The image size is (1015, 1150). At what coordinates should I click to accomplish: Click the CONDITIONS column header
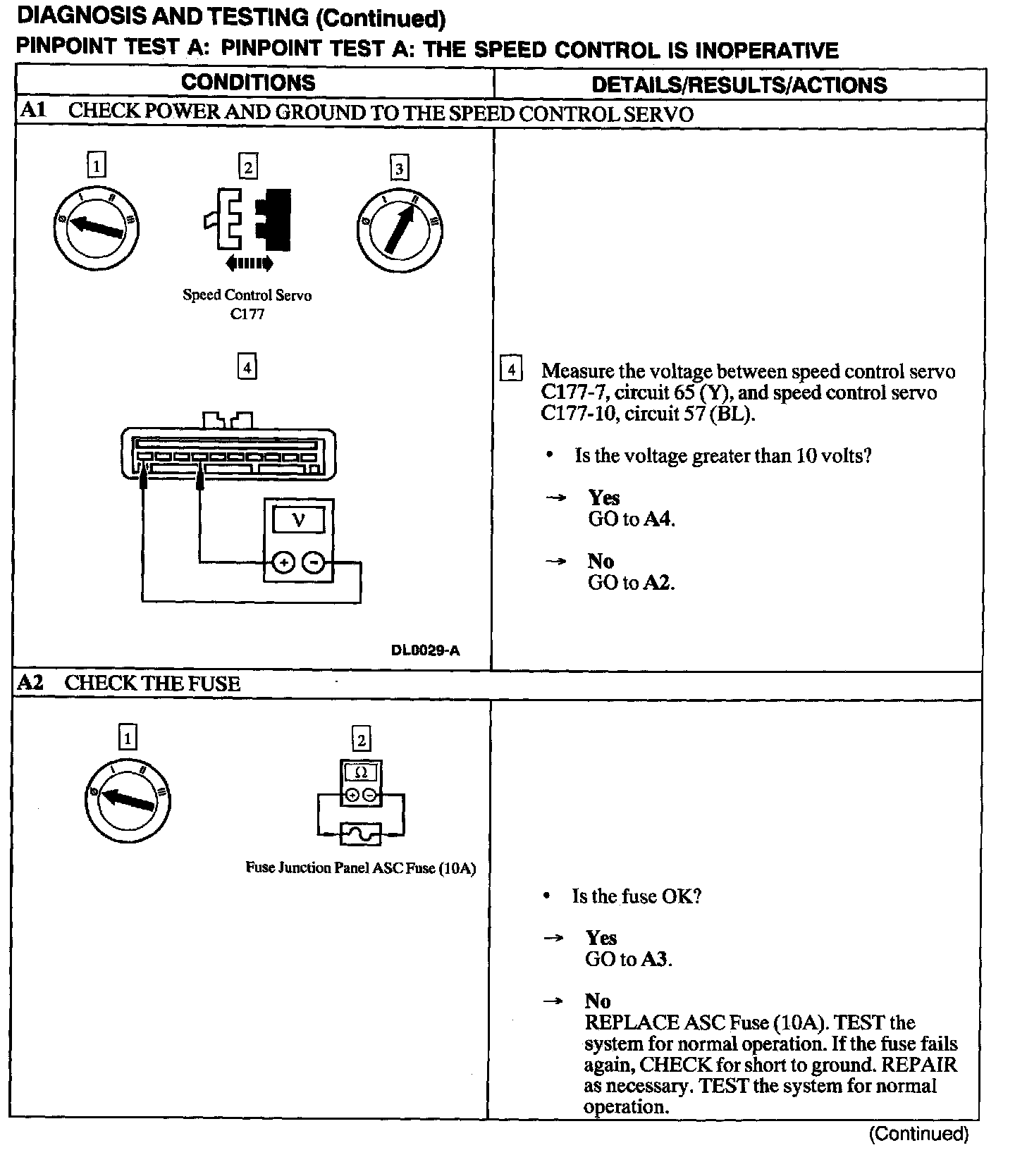point(248,82)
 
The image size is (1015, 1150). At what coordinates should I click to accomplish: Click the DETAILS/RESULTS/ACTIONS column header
point(739,85)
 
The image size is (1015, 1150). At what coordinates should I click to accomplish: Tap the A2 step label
point(30,683)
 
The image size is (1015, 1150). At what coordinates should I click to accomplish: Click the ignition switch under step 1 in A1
point(96,226)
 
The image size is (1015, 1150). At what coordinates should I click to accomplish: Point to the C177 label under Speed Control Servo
point(247,314)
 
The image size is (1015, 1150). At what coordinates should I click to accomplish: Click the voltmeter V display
point(299,520)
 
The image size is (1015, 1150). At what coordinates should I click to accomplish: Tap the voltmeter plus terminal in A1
point(283,562)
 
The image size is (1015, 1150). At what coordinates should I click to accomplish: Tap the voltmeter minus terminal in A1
point(314,562)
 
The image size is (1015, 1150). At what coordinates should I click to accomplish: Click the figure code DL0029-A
point(425,650)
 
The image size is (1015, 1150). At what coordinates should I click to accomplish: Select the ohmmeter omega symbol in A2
point(361,773)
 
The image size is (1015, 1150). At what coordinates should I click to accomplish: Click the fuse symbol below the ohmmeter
point(361,834)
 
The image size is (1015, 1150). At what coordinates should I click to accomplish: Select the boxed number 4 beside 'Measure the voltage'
point(511,369)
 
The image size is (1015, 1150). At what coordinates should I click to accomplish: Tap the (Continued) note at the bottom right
point(918,1133)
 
